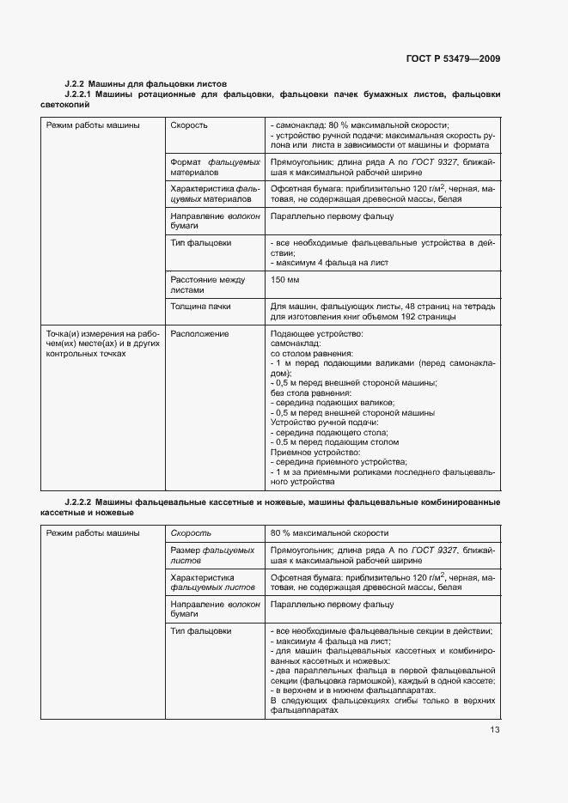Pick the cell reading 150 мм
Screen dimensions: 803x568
pyautogui.click(x=284, y=280)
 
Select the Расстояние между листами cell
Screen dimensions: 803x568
pyautogui.click(x=207, y=285)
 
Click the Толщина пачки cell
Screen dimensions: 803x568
pyautogui.click(x=200, y=307)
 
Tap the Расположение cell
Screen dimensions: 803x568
pyautogui.click(x=199, y=333)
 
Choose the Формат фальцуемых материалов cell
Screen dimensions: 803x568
pyautogui.click(x=215, y=167)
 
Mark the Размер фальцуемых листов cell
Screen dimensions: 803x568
pyautogui.click(x=212, y=554)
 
